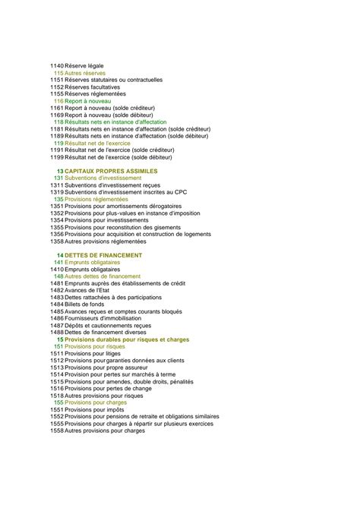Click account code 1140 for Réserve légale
tap(57, 66)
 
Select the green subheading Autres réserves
tap(86, 73)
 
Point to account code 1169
tap(57, 115)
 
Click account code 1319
tap(57, 192)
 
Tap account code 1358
tap(57, 241)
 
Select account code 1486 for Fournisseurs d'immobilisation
tap(57, 318)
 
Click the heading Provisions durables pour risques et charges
tap(128, 339)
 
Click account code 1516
tap(57, 388)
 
